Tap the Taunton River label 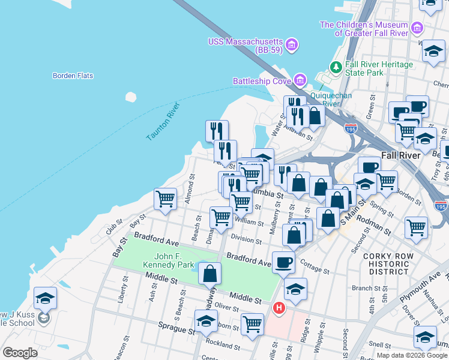coord(163,122)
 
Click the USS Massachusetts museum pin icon coord(292,45)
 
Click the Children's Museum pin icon coord(417,28)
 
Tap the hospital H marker coord(279,309)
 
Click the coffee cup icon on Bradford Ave coord(283,262)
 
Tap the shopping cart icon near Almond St coord(165,199)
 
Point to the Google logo coord(20,353)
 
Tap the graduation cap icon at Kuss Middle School coord(45,298)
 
